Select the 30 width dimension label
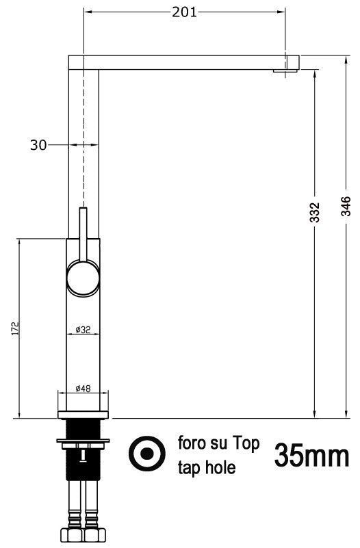38,144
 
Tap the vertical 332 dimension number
314,213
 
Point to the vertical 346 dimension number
346,205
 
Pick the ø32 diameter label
83,330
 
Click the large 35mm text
311,454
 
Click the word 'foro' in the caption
193,444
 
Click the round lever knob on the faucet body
83,278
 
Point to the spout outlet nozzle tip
282,70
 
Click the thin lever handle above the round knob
83,233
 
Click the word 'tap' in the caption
189,468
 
